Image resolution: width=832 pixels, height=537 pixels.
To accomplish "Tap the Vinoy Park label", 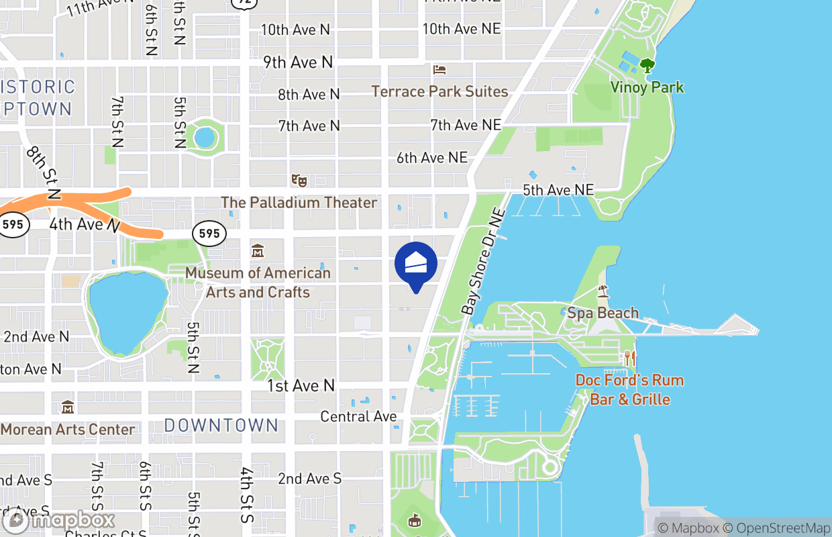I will pyautogui.click(x=647, y=87).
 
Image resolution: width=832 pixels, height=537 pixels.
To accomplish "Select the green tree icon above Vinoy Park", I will pyautogui.click(x=647, y=66).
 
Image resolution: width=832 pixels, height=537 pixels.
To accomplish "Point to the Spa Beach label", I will pyautogui.click(x=603, y=313).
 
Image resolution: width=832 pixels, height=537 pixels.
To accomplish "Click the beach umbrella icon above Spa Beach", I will pyautogui.click(x=603, y=291).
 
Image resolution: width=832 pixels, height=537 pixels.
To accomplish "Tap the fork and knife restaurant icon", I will pyautogui.click(x=629, y=358).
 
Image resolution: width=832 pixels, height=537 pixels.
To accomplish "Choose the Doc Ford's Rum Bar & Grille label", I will pyautogui.click(x=629, y=390).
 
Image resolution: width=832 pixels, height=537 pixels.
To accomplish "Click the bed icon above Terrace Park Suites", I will pyautogui.click(x=439, y=70).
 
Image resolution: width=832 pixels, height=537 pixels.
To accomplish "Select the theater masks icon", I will pyautogui.click(x=299, y=180).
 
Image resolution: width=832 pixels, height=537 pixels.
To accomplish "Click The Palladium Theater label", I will pyautogui.click(x=299, y=202).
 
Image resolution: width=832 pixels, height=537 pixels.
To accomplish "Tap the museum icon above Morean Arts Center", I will pyautogui.click(x=67, y=407).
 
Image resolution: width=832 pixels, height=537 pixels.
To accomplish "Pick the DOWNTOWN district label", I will pyautogui.click(x=221, y=425).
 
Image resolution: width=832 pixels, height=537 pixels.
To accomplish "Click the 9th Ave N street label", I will pyautogui.click(x=298, y=62).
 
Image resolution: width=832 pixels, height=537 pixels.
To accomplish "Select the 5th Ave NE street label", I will pyautogui.click(x=558, y=191).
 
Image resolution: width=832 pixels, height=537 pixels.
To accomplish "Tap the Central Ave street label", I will pyautogui.click(x=358, y=417).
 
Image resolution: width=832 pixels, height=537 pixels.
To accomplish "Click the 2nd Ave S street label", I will pyautogui.click(x=309, y=479).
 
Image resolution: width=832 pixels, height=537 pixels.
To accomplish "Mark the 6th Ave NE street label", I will pyautogui.click(x=431, y=158).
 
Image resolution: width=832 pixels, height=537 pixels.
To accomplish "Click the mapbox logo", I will pyautogui.click(x=60, y=520).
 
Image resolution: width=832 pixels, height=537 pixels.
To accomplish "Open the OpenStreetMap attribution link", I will pyautogui.click(x=780, y=528).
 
